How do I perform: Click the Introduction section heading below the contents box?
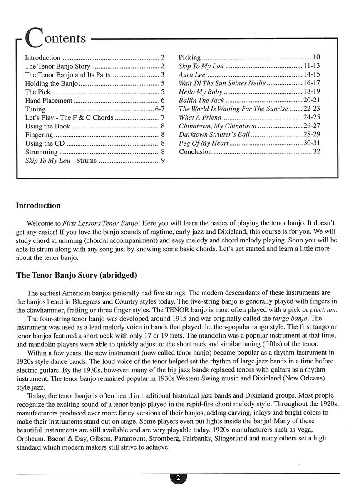click(38, 205)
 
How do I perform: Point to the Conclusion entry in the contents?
click(195, 152)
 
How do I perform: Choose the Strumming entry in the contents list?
click(41, 152)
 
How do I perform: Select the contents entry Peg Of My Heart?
click(204, 143)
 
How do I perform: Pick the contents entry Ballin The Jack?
click(201, 100)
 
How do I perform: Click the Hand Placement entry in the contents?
click(49, 100)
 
